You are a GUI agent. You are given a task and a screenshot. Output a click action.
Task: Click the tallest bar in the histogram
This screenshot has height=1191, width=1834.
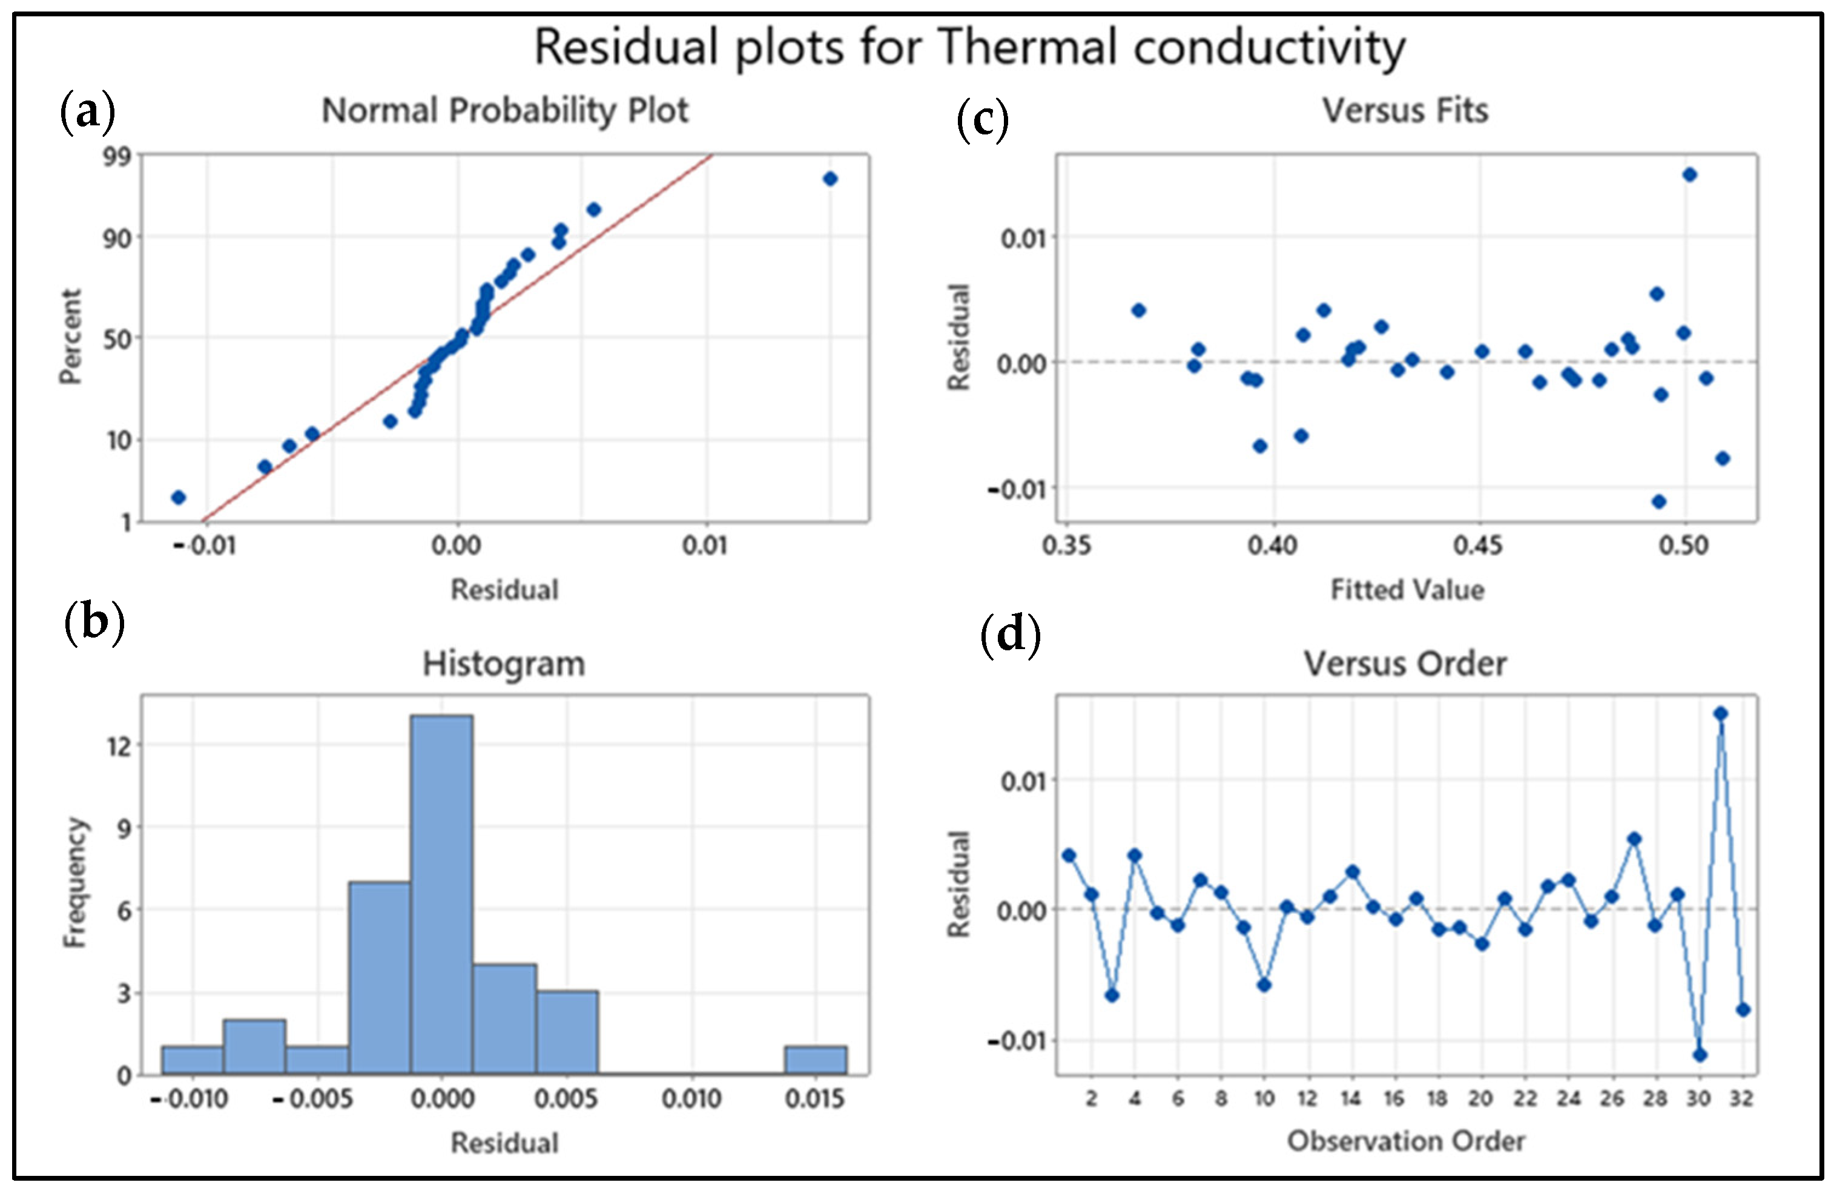pos(441,894)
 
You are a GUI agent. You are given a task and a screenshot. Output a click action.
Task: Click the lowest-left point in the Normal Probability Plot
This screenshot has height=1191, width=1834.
pos(178,497)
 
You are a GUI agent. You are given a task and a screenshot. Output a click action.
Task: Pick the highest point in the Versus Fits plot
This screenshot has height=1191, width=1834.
pos(1689,175)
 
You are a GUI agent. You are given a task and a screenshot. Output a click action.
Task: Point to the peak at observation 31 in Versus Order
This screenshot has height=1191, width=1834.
pos(1721,713)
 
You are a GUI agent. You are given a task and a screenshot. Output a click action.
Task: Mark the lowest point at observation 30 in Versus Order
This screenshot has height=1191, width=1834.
pos(1700,1055)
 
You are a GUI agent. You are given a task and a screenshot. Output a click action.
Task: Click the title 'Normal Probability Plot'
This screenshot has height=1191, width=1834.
pos(505,110)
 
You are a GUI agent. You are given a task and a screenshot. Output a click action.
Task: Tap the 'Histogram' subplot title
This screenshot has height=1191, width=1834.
pos(504,663)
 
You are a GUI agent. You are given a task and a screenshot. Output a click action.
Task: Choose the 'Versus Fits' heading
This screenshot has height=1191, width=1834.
pos(1405,110)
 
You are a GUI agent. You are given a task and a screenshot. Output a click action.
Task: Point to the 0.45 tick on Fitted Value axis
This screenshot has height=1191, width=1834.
pos(1478,546)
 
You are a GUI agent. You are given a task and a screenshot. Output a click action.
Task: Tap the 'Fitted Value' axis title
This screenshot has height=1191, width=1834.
pos(1407,589)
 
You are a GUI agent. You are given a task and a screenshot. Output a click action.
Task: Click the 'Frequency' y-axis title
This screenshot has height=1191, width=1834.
pos(74,883)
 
